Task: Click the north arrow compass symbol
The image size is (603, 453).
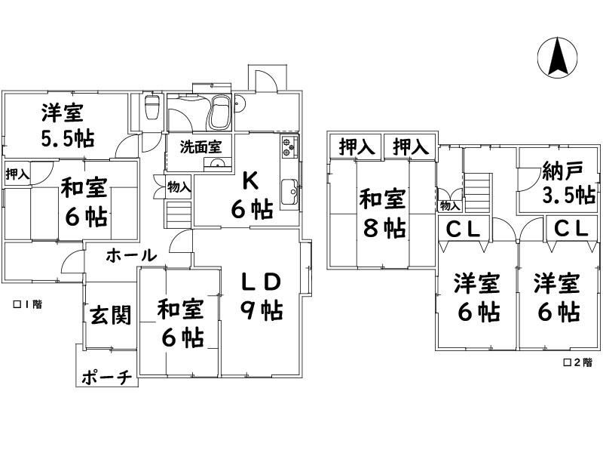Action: (x=557, y=57)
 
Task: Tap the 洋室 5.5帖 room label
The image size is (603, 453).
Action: (x=68, y=125)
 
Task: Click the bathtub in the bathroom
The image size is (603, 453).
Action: (x=219, y=113)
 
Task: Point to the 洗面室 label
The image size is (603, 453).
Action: (x=200, y=147)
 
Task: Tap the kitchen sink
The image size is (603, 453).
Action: (x=289, y=192)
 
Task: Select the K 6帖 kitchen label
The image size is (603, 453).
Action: (x=252, y=196)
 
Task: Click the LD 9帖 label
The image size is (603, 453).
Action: (x=262, y=297)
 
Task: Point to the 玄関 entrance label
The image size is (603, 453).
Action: (x=111, y=315)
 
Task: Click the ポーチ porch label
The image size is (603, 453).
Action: (x=107, y=378)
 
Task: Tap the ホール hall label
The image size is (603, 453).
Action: (x=131, y=255)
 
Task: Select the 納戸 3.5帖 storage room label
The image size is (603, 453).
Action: (x=568, y=183)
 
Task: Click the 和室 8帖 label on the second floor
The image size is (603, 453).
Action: (x=383, y=214)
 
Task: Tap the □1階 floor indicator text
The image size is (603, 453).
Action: (x=28, y=304)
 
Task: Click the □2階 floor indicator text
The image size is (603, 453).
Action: (x=577, y=362)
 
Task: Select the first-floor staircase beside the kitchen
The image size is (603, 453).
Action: (x=179, y=214)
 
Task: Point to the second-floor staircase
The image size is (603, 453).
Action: (x=478, y=193)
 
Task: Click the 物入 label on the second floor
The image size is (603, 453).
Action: (x=450, y=205)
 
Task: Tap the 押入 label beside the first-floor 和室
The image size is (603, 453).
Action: (x=17, y=174)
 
